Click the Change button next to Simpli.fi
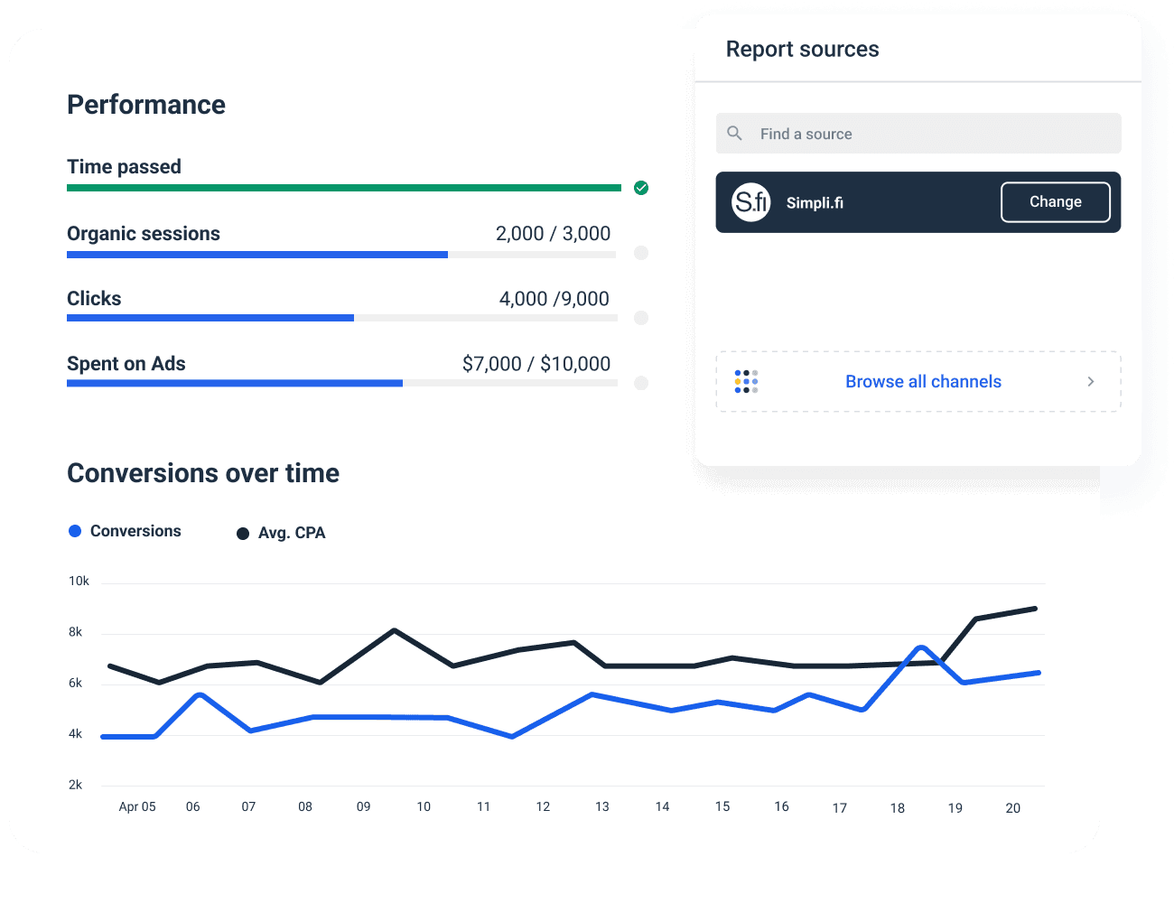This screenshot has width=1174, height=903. tap(1055, 202)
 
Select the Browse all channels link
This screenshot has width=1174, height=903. tap(922, 382)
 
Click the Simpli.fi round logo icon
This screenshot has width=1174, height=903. tap(750, 202)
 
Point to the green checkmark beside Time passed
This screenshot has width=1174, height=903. tap(641, 188)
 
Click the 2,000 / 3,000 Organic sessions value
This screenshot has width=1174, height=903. tap(553, 234)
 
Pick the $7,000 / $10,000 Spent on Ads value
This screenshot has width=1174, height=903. tap(536, 364)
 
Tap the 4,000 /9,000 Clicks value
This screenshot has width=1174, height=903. tap(554, 299)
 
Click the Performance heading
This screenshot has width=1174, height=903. tap(146, 105)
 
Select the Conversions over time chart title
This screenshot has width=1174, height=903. tap(203, 473)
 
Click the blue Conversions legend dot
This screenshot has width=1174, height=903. tap(75, 531)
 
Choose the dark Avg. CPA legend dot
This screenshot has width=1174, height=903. tap(243, 534)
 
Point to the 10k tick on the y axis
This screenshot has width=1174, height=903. tap(79, 582)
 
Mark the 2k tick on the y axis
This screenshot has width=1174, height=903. tap(76, 785)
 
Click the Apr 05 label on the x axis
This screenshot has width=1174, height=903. tap(137, 806)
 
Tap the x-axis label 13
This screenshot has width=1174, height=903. tap(602, 806)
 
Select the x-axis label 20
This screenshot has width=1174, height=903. tap(1013, 808)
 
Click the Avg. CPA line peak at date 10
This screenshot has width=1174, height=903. tap(395, 630)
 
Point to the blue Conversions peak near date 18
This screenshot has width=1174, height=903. tap(920, 647)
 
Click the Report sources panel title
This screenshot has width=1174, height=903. tap(802, 50)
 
